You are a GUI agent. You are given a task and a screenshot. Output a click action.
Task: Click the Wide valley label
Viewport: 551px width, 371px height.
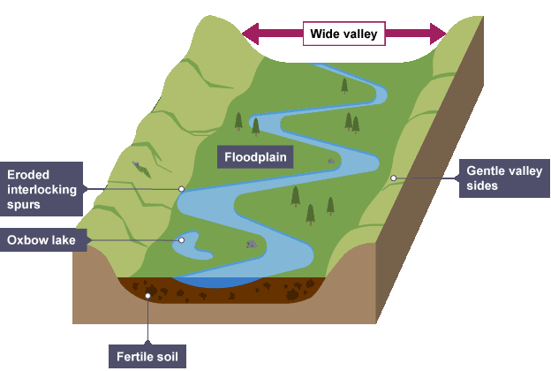click(x=343, y=34)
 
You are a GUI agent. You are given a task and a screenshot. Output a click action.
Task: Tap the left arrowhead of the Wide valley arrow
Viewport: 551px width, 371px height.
click(x=249, y=34)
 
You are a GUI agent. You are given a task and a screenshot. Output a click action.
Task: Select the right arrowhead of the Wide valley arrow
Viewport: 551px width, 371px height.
click(x=438, y=34)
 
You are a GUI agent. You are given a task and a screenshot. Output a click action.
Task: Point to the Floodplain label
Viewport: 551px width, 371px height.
click(x=255, y=157)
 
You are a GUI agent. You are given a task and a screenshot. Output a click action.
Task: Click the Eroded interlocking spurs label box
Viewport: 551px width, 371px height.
click(x=42, y=189)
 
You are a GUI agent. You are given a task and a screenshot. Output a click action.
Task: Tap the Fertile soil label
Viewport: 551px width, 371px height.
click(x=148, y=358)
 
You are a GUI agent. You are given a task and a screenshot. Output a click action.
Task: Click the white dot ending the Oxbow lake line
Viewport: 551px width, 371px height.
click(x=182, y=239)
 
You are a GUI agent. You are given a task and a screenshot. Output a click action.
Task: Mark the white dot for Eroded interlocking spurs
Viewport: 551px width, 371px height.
click(x=181, y=188)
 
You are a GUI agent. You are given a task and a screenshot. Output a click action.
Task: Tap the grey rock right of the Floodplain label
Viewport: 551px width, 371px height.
click(x=331, y=161)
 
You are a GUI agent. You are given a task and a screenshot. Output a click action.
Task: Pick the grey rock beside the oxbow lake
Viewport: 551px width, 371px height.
click(x=252, y=244)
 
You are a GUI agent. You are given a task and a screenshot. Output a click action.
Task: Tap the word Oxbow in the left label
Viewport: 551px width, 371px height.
click(x=26, y=240)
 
